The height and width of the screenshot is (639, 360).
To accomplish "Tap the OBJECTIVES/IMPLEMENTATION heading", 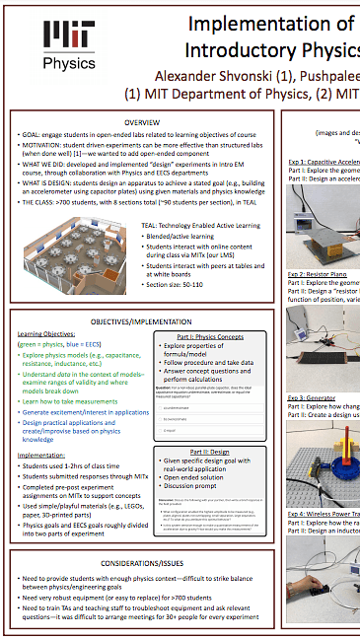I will [143, 321].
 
